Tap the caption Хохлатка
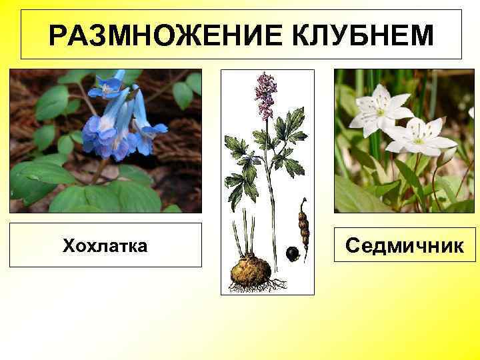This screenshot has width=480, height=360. coord(105,246)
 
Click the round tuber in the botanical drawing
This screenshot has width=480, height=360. coord(250,269)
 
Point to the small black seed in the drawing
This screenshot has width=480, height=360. coord(291,253)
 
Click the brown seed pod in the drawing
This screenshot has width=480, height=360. coord(303,227)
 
